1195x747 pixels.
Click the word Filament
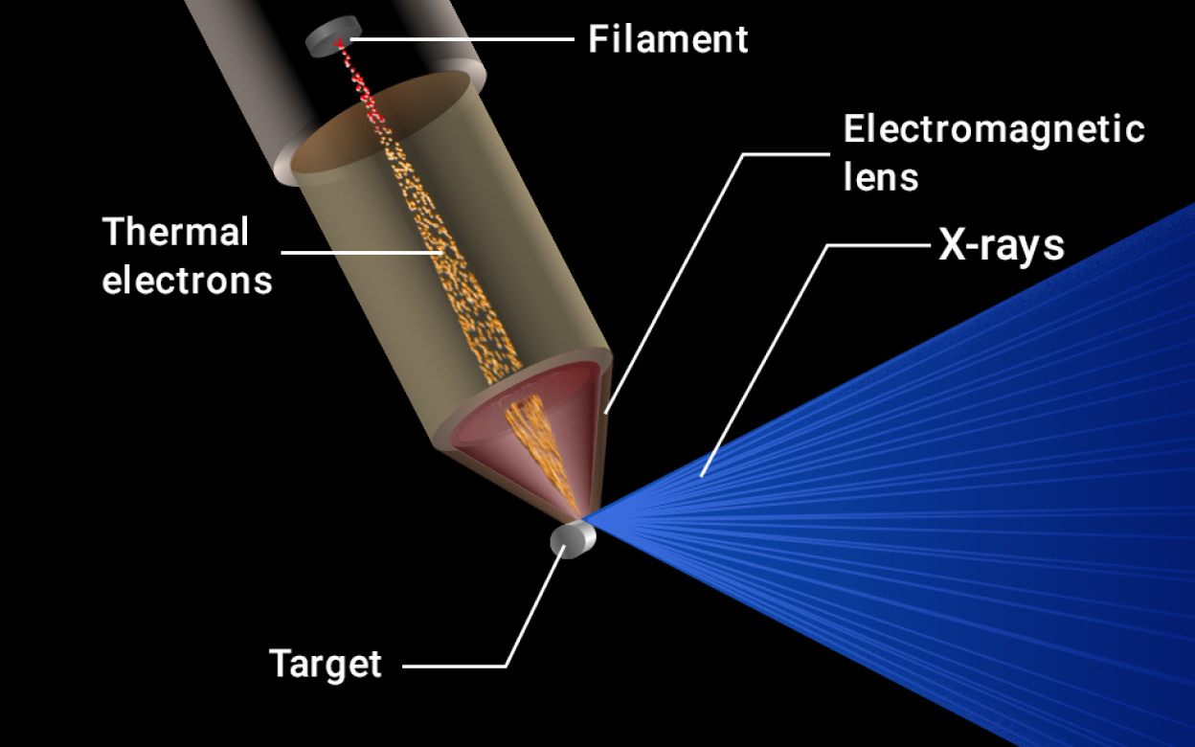click(x=668, y=39)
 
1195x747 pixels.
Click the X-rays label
click(x=1002, y=247)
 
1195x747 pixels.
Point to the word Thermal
click(x=175, y=232)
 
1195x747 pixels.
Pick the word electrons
click(x=188, y=281)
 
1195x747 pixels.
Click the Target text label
click(x=326, y=665)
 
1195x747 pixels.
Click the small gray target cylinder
click(x=573, y=539)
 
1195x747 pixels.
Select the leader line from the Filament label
click(x=462, y=39)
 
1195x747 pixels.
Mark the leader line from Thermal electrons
click(x=362, y=253)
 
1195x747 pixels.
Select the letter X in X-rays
click(x=951, y=245)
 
